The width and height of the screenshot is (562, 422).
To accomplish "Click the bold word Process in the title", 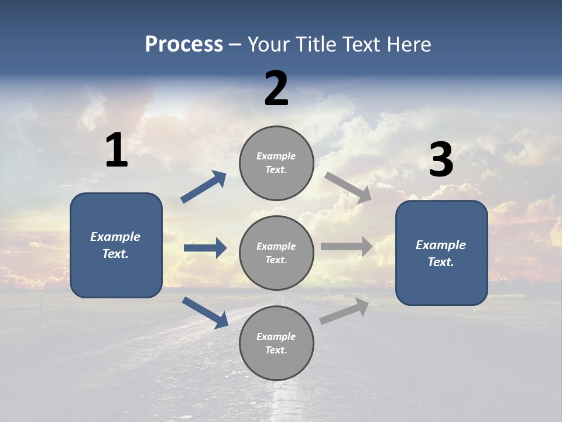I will click(184, 45).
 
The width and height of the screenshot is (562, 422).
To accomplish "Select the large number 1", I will click(116, 151).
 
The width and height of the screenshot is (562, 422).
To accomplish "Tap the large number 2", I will click(276, 89).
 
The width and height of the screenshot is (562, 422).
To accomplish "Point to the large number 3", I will click(441, 160).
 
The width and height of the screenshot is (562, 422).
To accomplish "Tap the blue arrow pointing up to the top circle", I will click(204, 187).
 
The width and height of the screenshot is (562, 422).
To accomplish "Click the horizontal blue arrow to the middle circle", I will click(205, 248).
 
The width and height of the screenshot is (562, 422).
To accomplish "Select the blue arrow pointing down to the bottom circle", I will click(205, 312).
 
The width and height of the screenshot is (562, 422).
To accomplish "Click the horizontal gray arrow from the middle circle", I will click(347, 246).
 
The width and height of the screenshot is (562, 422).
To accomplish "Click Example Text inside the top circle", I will click(276, 163).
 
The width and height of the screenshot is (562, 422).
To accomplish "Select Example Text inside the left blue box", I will click(116, 245).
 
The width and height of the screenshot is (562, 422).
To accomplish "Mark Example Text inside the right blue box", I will click(441, 253).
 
